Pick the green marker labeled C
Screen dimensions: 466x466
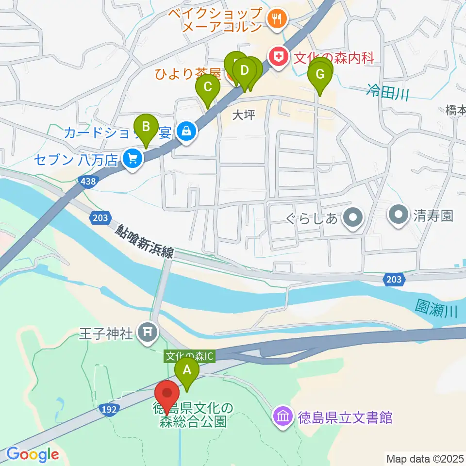coord(207,87)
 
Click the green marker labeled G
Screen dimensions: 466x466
coord(320,75)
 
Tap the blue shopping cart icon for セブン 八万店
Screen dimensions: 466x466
coord(132,158)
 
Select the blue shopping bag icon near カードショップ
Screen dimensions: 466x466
coord(185,131)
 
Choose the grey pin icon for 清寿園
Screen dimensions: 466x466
coord(399,214)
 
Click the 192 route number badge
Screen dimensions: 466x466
coord(110,409)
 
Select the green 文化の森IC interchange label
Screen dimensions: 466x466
coord(189,356)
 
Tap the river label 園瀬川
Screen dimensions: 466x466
coord(436,308)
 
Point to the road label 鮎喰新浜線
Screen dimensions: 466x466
coord(145,241)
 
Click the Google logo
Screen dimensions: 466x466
coord(32,455)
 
